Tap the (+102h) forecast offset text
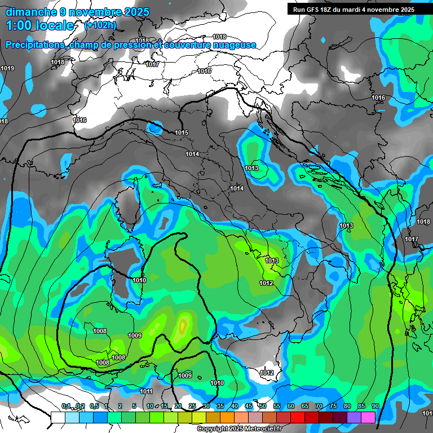point(100,25)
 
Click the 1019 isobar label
point(7,68)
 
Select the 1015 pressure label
point(182,132)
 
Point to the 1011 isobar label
point(146,391)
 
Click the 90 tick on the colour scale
point(375,407)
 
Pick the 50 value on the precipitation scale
point(263,407)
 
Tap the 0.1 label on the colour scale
point(66,407)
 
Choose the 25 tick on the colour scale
point(192,407)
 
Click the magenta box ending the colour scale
point(368,417)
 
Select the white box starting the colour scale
point(58,417)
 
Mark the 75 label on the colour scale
point(333,407)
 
